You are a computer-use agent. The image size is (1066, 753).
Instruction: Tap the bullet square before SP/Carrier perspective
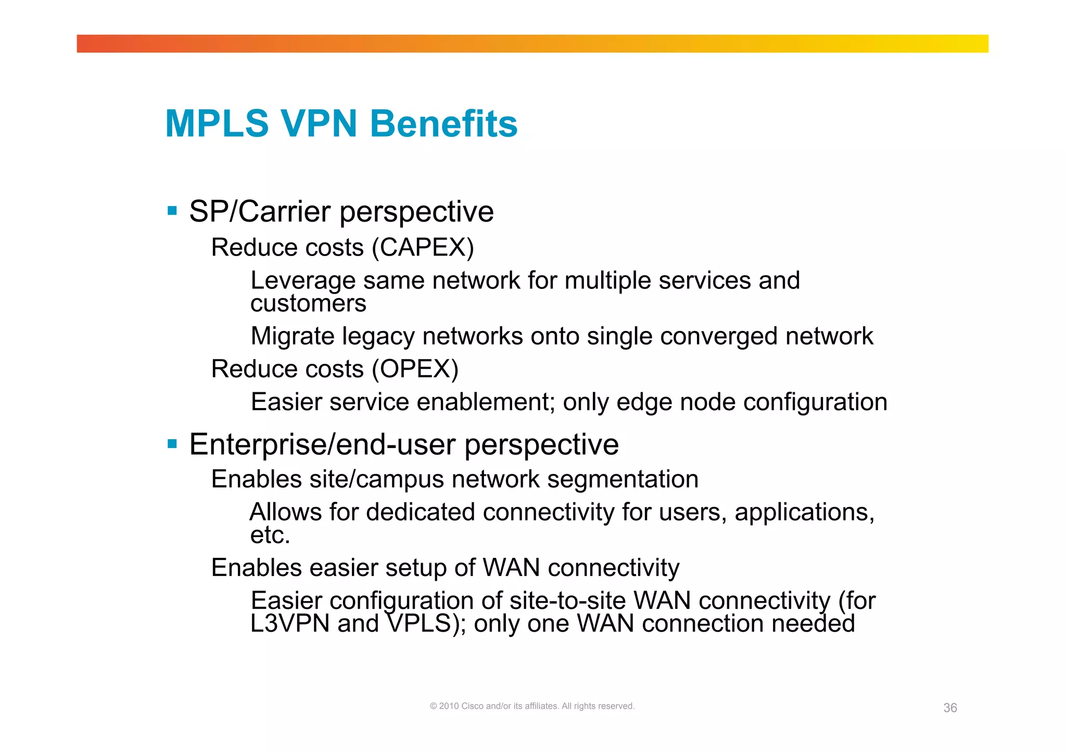coord(172,211)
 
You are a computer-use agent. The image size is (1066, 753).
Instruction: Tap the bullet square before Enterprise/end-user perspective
coord(172,444)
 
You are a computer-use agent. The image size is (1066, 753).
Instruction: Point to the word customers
coord(308,303)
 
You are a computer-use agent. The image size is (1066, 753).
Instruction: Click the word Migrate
coord(292,336)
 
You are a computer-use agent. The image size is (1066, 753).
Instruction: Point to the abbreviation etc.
coord(270,535)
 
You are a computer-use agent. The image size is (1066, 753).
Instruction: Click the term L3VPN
coord(290,623)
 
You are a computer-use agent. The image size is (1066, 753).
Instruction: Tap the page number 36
coord(950,708)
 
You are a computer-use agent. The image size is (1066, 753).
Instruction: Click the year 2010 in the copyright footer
coord(449,706)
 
